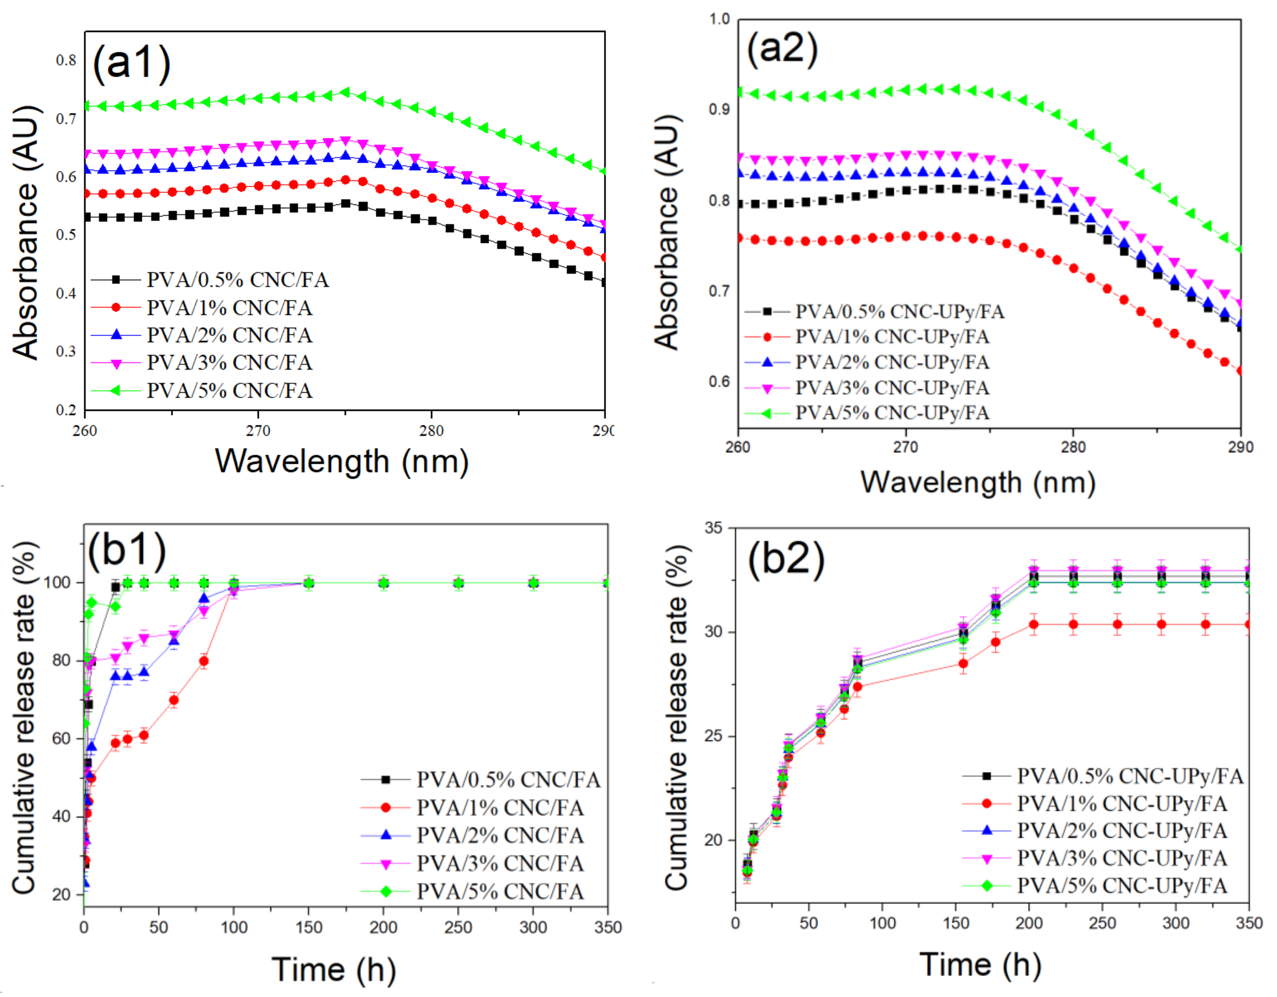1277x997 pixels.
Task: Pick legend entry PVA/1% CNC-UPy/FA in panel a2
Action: tap(892, 337)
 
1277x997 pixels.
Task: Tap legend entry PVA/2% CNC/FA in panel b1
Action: tap(500, 835)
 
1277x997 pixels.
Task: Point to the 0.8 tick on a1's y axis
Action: tap(66, 60)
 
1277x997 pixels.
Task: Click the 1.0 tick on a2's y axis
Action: tap(720, 19)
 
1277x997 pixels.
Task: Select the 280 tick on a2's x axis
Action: tap(1073, 448)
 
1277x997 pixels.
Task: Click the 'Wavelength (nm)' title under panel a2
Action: tap(978, 483)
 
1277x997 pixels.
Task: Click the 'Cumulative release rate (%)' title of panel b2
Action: tap(677, 718)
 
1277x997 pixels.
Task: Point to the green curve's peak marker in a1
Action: tap(345, 92)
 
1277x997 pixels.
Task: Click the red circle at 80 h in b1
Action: tap(203, 661)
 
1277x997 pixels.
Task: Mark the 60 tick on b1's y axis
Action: tap(61, 739)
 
